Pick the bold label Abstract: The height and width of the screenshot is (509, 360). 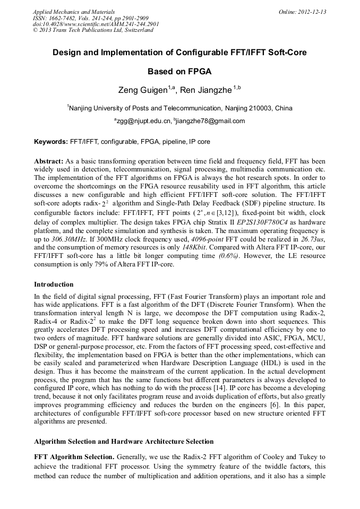pos(49,161)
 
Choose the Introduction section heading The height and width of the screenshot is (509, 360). pos(54,284)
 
